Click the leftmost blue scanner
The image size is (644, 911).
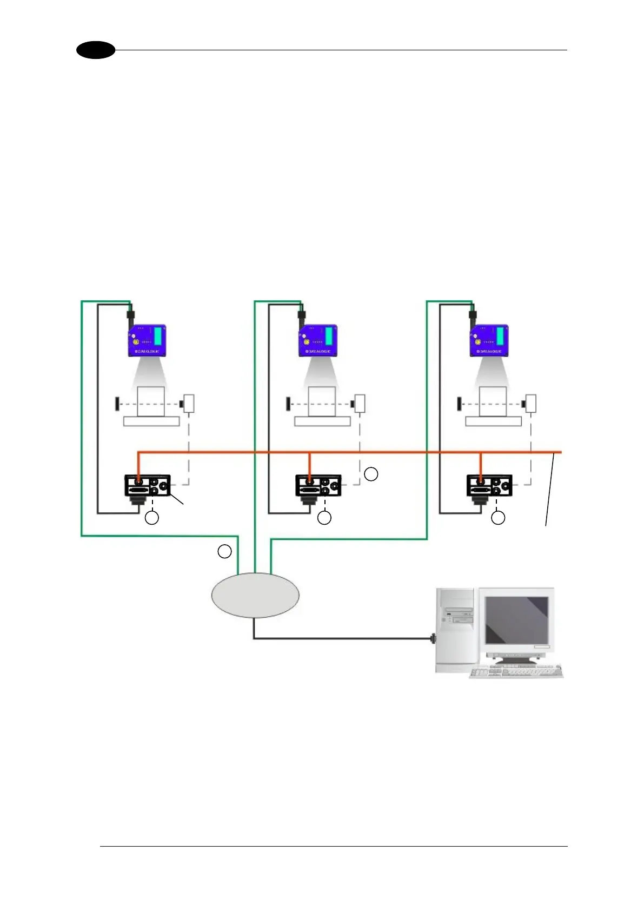click(x=147, y=340)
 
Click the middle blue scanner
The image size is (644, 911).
click(x=318, y=340)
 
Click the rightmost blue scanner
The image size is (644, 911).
click(x=489, y=340)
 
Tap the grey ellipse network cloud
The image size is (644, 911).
click(x=255, y=595)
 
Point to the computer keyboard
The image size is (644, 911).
click(x=516, y=672)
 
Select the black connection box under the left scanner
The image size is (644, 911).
click(x=148, y=485)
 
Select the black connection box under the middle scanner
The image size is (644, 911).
click(x=318, y=485)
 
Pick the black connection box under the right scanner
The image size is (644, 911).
click(x=489, y=485)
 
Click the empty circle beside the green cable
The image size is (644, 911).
click(x=224, y=551)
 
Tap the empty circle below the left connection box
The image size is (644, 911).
click(x=152, y=518)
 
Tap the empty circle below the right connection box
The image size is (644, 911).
click(x=497, y=518)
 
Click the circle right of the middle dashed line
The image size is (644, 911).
click(x=371, y=474)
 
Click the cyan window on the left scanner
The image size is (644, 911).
click(x=158, y=336)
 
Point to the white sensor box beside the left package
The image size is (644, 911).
click(x=189, y=404)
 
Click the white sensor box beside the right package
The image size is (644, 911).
click(x=531, y=404)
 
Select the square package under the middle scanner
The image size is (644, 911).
click(x=322, y=401)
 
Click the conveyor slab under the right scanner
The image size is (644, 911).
click(x=493, y=421)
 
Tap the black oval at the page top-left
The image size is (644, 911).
click(x=96, y=50)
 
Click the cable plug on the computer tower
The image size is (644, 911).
click(x=433, y=638)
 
